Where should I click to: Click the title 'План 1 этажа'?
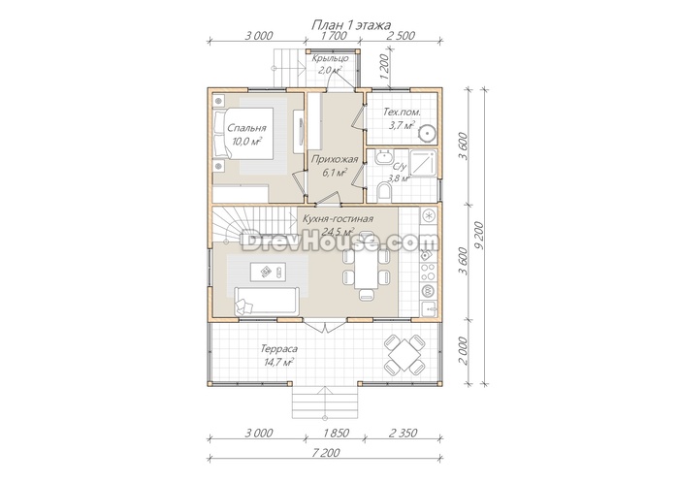click(351, 25)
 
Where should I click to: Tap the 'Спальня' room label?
click(246, 128)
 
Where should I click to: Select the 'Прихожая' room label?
click(335, 159)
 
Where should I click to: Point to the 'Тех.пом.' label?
click(402, 113)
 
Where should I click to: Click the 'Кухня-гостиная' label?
click(339, 219)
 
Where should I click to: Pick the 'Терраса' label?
click(279, 349)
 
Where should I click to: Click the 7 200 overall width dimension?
click(326, 453)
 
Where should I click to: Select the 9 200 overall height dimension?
click(478, 237)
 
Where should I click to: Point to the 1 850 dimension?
click(335, 433)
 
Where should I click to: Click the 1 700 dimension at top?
click(334, 36)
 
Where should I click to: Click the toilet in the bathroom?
click(384, 192)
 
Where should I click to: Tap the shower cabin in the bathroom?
click(423, 163)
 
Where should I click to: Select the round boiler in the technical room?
click(427, 133)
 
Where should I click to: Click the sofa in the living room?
click(267, 301)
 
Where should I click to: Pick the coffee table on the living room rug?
click(268, 272)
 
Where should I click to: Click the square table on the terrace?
click(404, 355)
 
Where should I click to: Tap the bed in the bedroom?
click(242, 134)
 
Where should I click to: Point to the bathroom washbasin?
click(384, 157)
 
